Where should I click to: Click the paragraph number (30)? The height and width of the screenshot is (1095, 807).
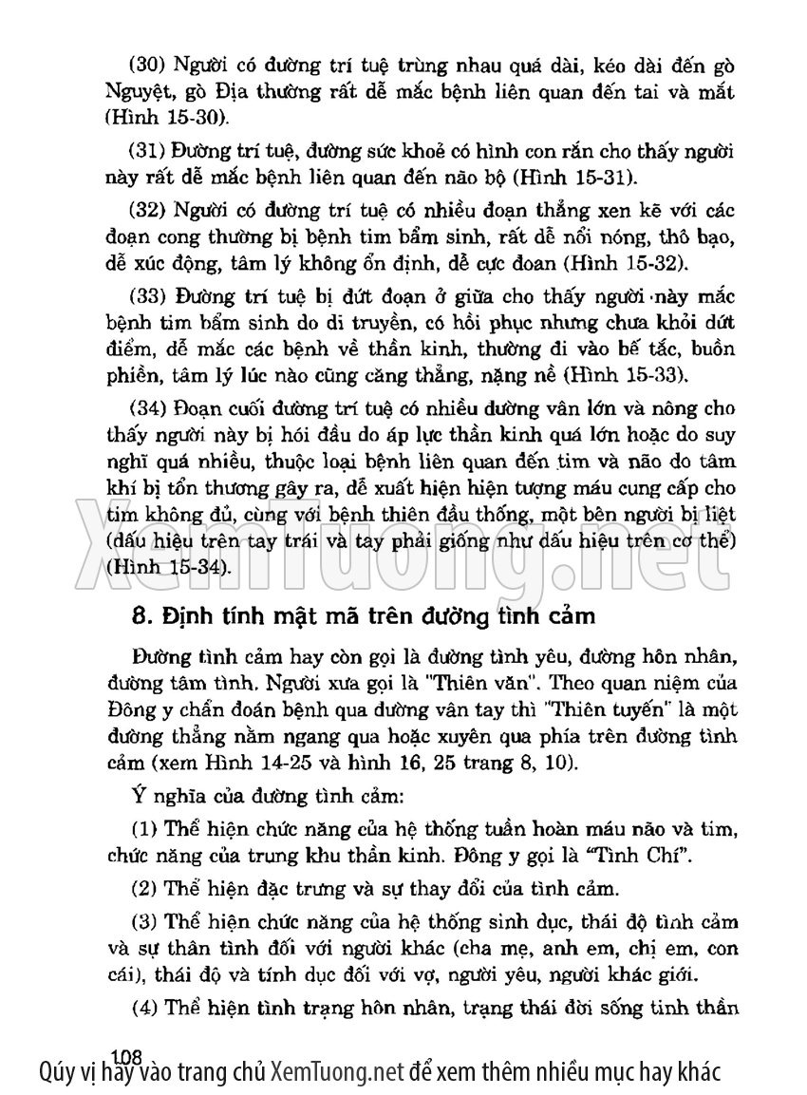pos(147,68)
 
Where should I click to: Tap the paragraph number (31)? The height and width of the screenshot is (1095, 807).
pos(147,153)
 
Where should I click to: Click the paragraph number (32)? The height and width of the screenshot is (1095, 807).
pos(147,211)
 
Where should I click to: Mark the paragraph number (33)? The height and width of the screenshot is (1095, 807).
pos(147,295)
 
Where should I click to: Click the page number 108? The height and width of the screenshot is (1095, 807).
pos(125,1054)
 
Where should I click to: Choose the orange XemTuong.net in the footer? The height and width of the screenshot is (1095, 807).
pos(338,1074)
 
